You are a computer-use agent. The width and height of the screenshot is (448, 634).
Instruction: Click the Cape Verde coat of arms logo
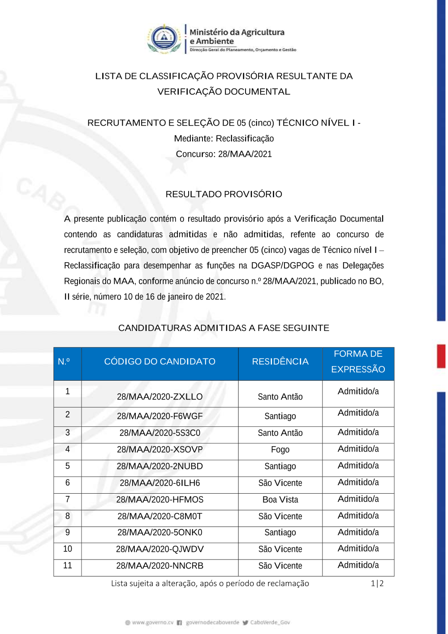tap(164, 39)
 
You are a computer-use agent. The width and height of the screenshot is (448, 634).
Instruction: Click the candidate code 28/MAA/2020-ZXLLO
tap(159, 397)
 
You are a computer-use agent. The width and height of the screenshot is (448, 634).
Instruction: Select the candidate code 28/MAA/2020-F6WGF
tap(159, 416)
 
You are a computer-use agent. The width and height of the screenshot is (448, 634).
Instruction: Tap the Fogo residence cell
tap(280, 450)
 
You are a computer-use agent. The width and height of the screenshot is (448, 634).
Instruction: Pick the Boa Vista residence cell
tap(280, 499)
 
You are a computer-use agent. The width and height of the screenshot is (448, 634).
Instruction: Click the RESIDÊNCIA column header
tap(280, 361)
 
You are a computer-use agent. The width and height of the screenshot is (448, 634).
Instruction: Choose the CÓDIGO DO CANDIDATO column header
tap(159, 361)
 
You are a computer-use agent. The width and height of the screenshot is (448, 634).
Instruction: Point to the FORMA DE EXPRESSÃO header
tap(358, 361)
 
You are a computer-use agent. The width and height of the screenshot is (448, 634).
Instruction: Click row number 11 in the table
tap(68, 565)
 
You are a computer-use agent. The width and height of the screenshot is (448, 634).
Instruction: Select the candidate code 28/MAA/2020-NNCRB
tap(159, 566)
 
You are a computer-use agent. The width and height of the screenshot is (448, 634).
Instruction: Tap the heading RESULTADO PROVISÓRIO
tap(224, 194)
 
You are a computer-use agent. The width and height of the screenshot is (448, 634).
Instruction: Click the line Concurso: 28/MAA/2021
tap(224, 154)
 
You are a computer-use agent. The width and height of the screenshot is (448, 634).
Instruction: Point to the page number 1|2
tap(377, 583)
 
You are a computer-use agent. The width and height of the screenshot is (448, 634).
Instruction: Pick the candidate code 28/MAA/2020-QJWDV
tap(159, 549)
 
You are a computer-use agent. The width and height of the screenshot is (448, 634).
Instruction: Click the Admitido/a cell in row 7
tap(358, 499)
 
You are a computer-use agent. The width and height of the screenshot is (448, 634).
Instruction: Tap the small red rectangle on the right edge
tap(441, 356)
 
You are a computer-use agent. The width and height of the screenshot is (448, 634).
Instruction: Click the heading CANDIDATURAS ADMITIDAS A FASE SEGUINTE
tap(224, 328)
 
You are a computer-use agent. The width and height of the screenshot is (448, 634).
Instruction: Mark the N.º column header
tap(64, 361)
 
